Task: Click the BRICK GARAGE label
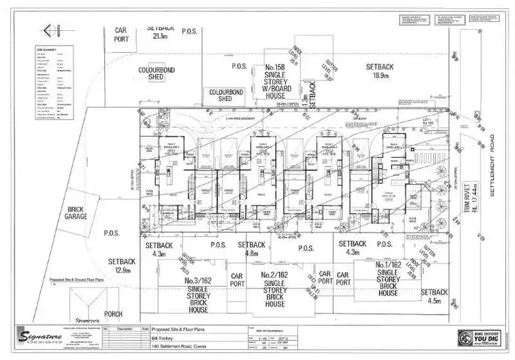tap(77, 214)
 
